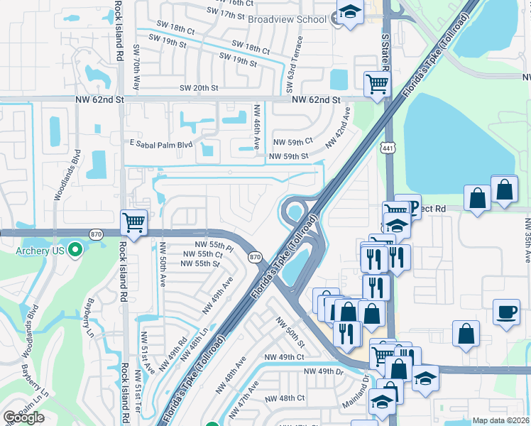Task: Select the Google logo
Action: (23, 417)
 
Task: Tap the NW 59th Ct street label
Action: (293, 142)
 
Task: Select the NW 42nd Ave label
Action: (338, 126)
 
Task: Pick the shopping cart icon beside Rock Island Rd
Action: (133, 222)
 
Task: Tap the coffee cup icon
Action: (507, 312)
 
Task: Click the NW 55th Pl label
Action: (214, 246)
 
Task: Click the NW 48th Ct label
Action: (284, 398)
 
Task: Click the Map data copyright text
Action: (501, 420)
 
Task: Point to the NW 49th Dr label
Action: (323, 371)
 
